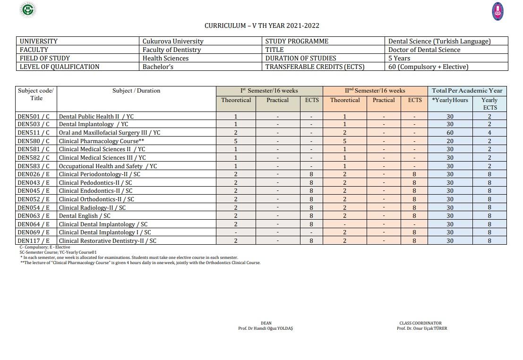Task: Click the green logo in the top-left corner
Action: pos(29,9)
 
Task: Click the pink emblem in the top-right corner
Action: pos(497,11)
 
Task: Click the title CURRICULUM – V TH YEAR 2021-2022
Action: pos(262,26)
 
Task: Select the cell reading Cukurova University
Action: pos(173,41)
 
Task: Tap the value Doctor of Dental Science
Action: pos(424,50)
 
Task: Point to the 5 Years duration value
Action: pos(399,58)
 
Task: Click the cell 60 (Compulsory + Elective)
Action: pos(428,67)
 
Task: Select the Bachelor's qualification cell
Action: pos(158,67)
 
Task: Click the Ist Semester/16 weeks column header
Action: pos(269,91)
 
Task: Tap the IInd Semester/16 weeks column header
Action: pos(375,91)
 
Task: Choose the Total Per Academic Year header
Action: pos(467,91)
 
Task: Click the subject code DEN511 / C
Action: pos(33,133)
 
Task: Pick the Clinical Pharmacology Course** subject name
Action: pos(101,141)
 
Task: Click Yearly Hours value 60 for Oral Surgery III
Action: pos(450,133)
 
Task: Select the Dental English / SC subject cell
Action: pos(85,215)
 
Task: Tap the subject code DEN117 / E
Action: pos(33,240)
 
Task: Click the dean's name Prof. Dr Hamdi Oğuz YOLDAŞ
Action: pos(266,328)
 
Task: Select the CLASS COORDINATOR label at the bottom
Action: pos(420,323)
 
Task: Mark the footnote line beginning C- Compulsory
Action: pos(45,247)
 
